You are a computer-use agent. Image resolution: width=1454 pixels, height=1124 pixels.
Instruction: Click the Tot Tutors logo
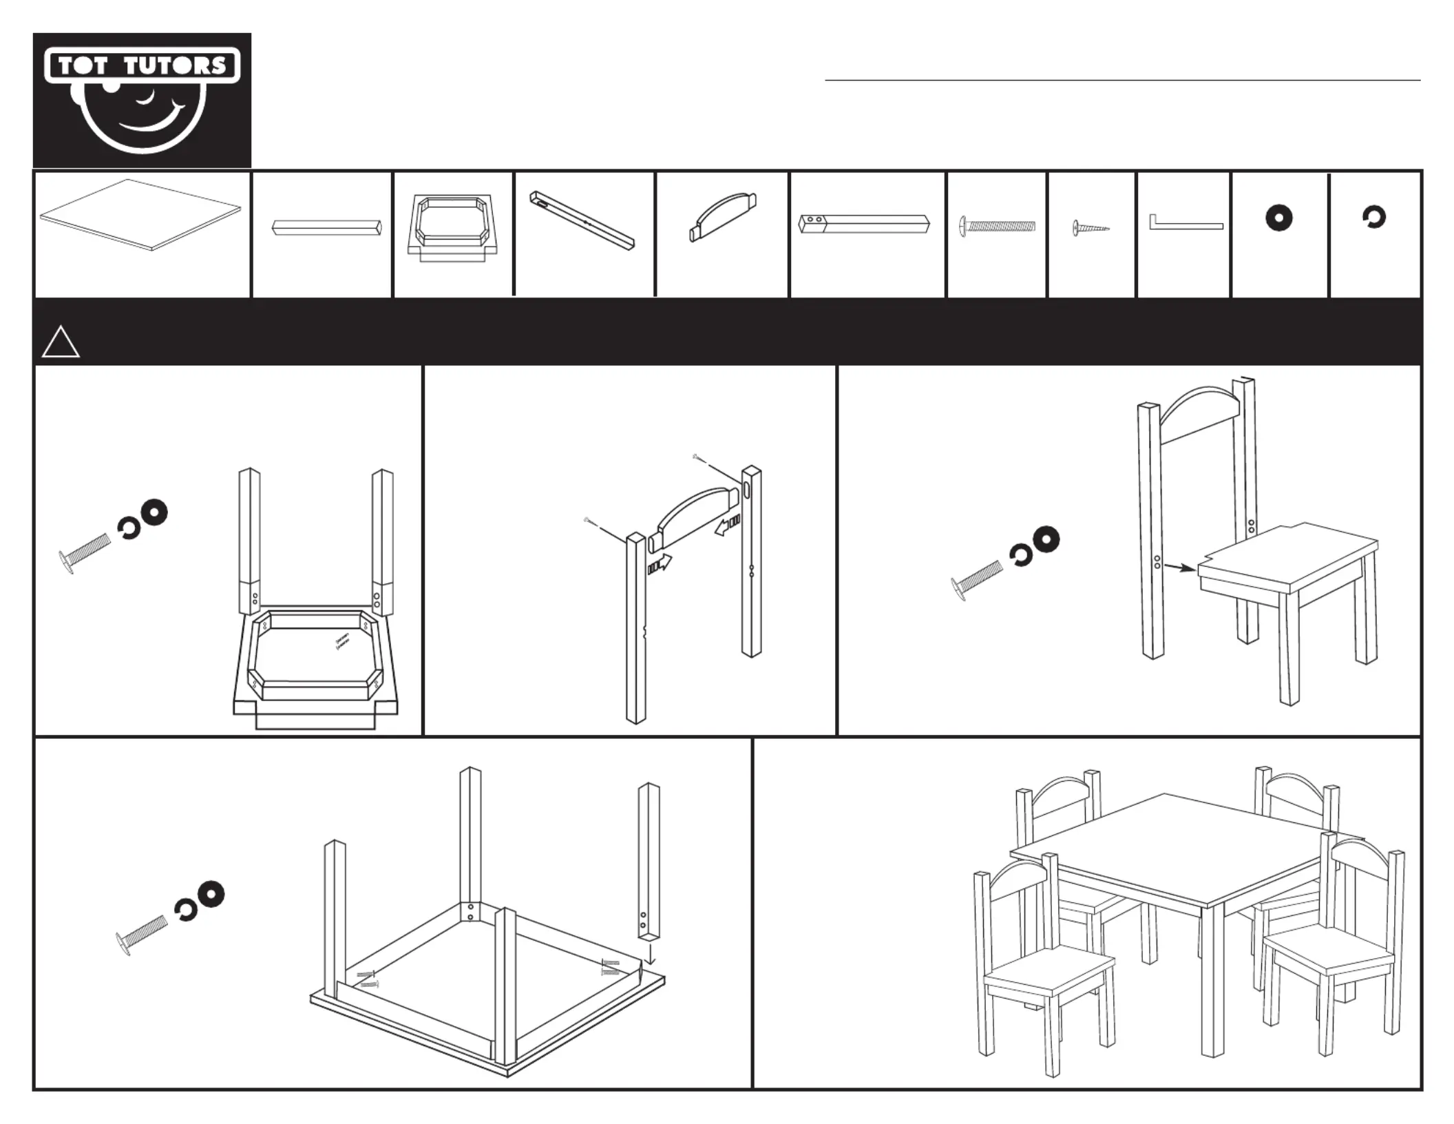pos(142,100)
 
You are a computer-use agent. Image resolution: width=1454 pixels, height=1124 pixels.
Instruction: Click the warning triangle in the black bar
pos(61,344)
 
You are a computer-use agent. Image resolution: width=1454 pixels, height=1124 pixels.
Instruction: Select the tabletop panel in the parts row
pos(140,214)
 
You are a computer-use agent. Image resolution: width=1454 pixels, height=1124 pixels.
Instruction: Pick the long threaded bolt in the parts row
pos(997,225)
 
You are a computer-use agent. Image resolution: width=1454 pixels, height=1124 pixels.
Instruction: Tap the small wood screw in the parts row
pos(1090,227)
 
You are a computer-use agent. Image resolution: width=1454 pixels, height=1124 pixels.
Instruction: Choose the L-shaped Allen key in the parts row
pos(1184,224)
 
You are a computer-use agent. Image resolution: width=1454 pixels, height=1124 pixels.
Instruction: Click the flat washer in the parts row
pos(1278,218)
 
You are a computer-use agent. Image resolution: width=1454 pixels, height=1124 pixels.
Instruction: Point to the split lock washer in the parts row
pos(1373,218)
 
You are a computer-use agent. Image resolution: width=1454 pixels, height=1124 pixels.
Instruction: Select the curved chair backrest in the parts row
pos(723,216)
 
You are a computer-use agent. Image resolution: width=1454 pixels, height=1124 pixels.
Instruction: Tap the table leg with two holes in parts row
pos(865,224)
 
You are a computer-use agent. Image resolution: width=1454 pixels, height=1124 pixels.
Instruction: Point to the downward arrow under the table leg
pos(650,957)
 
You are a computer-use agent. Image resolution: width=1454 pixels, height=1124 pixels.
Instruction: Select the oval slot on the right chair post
pos(747,491)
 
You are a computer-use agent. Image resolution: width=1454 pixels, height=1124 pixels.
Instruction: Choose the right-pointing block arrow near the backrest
pos(659,565)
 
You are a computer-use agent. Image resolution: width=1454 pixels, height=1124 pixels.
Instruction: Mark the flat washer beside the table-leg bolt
pos(210,894)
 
